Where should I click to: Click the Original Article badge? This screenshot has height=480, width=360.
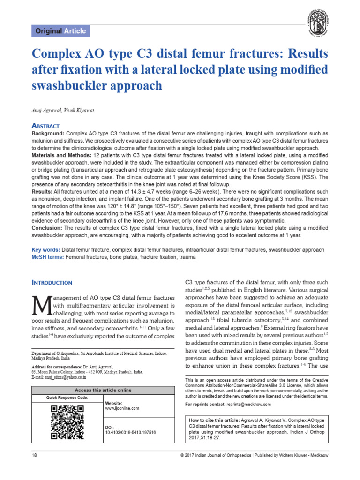(x=60, y=31)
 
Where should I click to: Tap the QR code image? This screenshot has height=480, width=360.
(x=67, y=422)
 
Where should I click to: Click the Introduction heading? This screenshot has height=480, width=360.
(x=52, y=283)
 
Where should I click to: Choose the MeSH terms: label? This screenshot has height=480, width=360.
(x=47, y=257)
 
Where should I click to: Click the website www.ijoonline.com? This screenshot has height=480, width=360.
(x=122, y=408)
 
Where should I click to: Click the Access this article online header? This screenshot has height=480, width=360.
(x=104, y=390)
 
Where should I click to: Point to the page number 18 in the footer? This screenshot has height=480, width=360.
(x=34, y=455)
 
